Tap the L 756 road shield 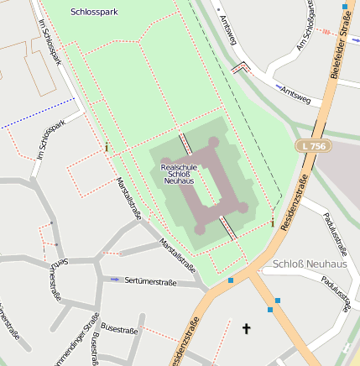pos(311,146)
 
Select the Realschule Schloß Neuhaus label pos(179,174)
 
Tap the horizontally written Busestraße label pos(118,330)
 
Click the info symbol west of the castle pos(107,148)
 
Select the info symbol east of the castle pos(273,222)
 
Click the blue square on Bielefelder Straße pos(345,6)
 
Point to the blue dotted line pos(38,113)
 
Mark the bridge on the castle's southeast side pos(227,227)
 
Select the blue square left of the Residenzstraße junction pos(230,280)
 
